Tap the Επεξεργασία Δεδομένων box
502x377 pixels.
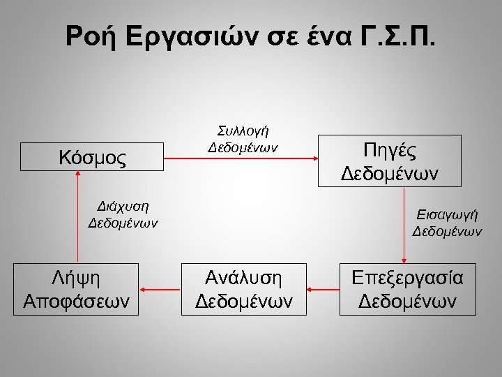coord(407,289)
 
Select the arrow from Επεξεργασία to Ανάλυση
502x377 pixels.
coord(324,288)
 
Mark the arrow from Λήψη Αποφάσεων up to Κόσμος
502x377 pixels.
coord(77,216)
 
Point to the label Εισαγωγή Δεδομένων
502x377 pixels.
coord(447,223)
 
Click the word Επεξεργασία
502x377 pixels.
coord(407,278)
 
